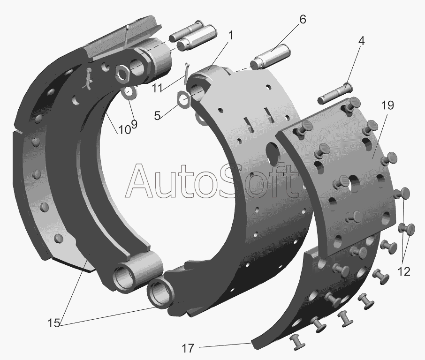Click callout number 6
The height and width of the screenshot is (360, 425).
(x=302, y=20)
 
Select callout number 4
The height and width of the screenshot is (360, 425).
(x=360, y=41)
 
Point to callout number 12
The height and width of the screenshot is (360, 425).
(x=404, y=271)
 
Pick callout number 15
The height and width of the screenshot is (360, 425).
(x=53, y=323)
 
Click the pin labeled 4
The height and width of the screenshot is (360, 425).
(x=334, y=93)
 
